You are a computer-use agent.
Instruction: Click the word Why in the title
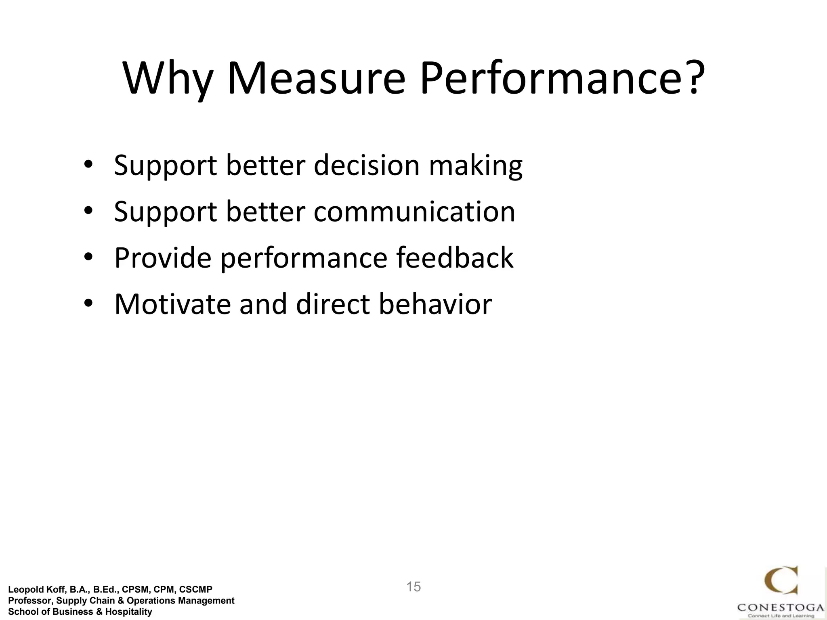pos(167,79)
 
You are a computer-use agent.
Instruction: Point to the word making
pos(475,166)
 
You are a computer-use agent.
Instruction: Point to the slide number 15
pos(413,587)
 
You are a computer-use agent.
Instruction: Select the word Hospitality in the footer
pos(128,612)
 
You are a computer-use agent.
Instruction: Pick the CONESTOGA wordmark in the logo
pos(781,607)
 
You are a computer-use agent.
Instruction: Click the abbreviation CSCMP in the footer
pos(196,590)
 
